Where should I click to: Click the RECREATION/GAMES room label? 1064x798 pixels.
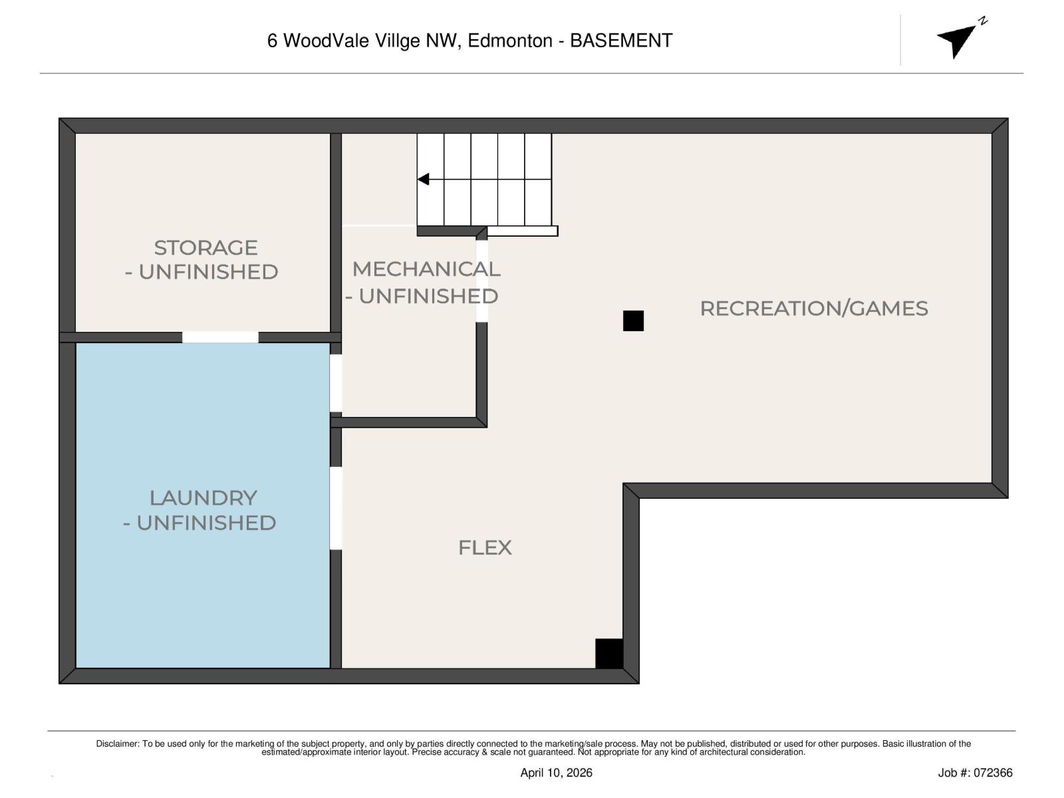tap(813, 309)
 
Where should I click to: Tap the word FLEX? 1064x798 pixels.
tap(485, 548)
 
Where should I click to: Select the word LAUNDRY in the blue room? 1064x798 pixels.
tap(203, 498)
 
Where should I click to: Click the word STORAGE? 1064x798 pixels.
tap(205, 248)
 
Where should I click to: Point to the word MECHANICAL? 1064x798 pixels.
tap(426, 269)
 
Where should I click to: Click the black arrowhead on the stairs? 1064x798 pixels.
tap(424, 180)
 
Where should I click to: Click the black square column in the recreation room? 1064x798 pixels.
tap(633, 321)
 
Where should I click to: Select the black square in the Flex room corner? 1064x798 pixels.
tap(608, 653)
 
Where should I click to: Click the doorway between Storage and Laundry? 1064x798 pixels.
tap(220, 337)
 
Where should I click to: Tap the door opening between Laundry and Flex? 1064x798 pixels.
tap(336, 509)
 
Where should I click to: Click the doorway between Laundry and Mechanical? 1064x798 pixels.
tap(336, 384)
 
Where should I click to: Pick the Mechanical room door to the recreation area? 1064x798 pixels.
tap(481, 281)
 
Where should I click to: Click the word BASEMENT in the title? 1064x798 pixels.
tap(621, 41)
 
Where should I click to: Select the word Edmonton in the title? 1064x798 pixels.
tap(510, 41)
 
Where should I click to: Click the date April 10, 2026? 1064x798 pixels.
tap(556, 773)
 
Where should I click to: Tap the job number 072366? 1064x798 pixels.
tap(994, 773)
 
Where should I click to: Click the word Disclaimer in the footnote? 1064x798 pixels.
tap(117, 744)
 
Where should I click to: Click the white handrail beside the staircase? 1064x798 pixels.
tap(523, 231)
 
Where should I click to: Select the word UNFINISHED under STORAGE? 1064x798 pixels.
tap(208, 272)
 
